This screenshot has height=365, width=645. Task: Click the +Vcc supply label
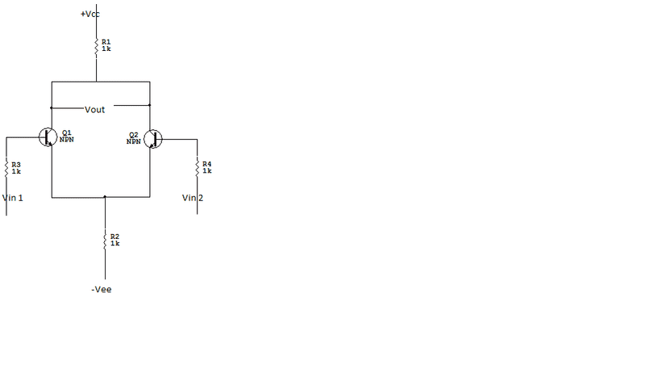89,15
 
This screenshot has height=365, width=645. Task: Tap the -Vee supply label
102,289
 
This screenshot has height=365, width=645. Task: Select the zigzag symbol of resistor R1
96,44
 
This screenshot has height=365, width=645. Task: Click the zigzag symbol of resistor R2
105,240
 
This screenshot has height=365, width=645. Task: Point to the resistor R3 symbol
6,167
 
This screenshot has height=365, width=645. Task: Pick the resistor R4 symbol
197,167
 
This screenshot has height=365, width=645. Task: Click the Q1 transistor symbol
48,137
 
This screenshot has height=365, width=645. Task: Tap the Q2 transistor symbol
153,139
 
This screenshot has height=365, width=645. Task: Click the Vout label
94,109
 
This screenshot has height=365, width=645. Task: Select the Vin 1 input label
13,198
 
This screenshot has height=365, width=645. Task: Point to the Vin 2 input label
192,198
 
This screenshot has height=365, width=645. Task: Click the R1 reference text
106,40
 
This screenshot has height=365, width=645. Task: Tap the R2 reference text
114,236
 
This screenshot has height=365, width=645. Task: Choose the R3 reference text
16,163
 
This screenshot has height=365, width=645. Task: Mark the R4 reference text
207,163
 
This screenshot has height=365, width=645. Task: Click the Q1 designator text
66,132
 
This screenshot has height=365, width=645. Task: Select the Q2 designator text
134,135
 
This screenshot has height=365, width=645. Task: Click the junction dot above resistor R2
105,196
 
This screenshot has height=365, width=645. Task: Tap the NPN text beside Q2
134,141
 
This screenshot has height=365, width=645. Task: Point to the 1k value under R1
106,48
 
